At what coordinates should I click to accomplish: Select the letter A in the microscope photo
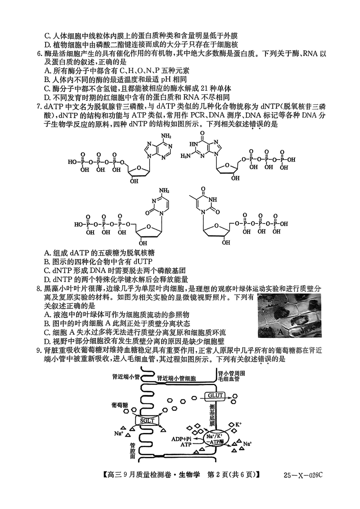[280, 332]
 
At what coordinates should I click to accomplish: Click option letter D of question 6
[47, 97]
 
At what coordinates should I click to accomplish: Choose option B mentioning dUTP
[98, 261]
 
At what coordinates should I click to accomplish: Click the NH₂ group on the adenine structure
[166, 136]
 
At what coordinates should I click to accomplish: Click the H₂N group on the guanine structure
[185, 156]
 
